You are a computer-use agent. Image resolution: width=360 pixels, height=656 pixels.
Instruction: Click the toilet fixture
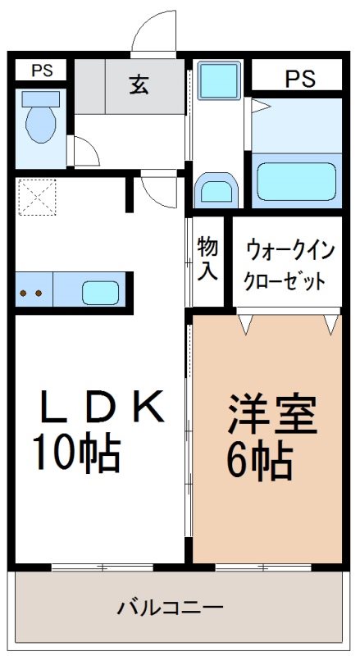tap(39, 120)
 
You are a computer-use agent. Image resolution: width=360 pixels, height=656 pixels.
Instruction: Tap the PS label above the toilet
tap(41, 71)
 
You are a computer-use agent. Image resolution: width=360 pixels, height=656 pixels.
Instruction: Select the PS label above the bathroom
tap(299, 79)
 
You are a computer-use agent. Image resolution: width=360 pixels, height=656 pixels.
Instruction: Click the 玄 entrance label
tap(139, 84)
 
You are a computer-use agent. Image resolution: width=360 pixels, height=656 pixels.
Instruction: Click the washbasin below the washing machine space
tap(216, 189)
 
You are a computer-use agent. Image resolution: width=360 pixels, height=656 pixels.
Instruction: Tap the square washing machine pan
tap(217, 81)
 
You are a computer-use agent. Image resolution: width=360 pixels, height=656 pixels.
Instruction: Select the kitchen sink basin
tap(100, 292)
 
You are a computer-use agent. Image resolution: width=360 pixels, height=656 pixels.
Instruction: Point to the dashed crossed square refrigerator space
tap(37, 196)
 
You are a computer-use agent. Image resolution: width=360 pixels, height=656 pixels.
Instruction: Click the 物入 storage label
tap(207, 259)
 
